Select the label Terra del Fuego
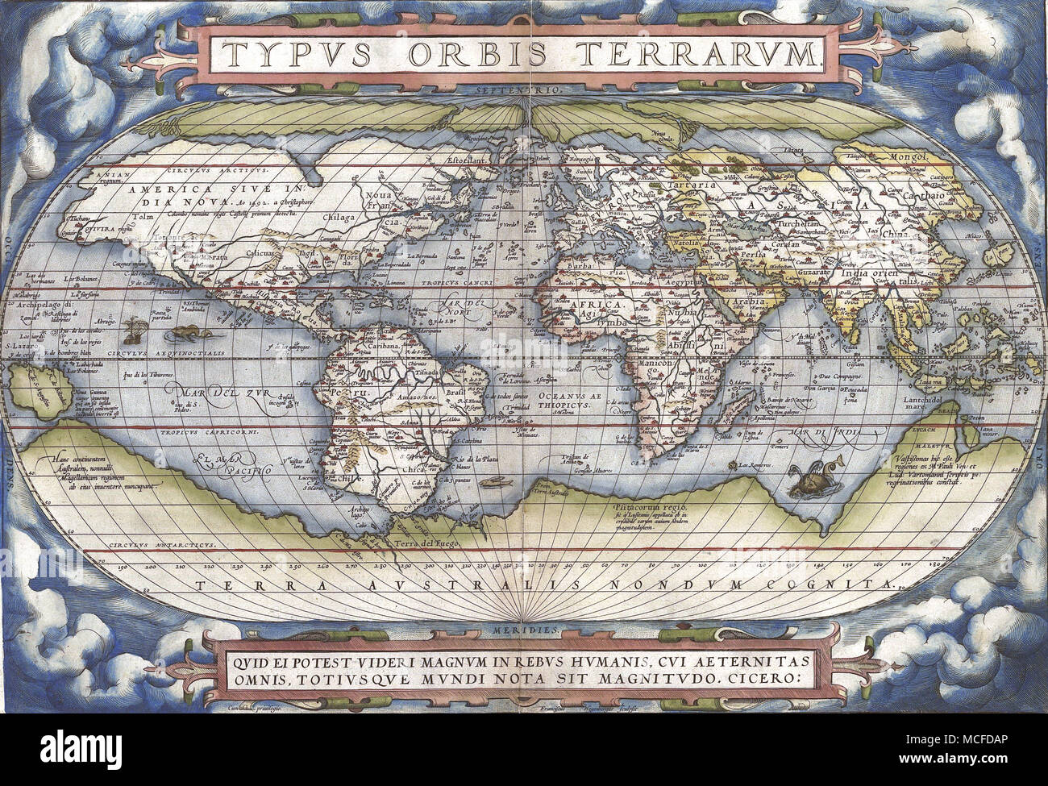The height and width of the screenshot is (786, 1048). tap(426, 543)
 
